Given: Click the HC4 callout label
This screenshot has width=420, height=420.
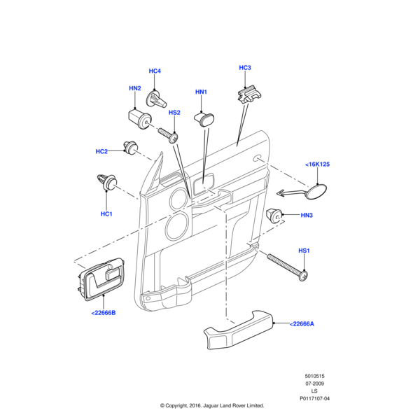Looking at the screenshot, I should coord(155,71).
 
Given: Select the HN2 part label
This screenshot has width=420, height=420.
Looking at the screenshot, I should coord(135,88).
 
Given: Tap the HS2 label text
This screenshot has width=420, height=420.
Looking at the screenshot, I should coord(174,113).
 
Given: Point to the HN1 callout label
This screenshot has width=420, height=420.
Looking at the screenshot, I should coord(202,92).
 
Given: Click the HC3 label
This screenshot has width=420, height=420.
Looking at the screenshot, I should coord(244,68).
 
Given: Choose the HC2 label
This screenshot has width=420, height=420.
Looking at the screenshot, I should coord(101,151).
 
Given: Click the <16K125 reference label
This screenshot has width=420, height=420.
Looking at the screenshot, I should coord(317,164).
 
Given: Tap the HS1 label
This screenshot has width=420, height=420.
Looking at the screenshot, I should coord(304,251).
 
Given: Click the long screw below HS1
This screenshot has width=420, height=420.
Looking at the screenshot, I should coord(287,267).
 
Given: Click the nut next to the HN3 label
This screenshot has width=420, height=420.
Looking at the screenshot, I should coord(276,216).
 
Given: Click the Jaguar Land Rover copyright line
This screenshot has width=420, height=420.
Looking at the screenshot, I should coord(211,406).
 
